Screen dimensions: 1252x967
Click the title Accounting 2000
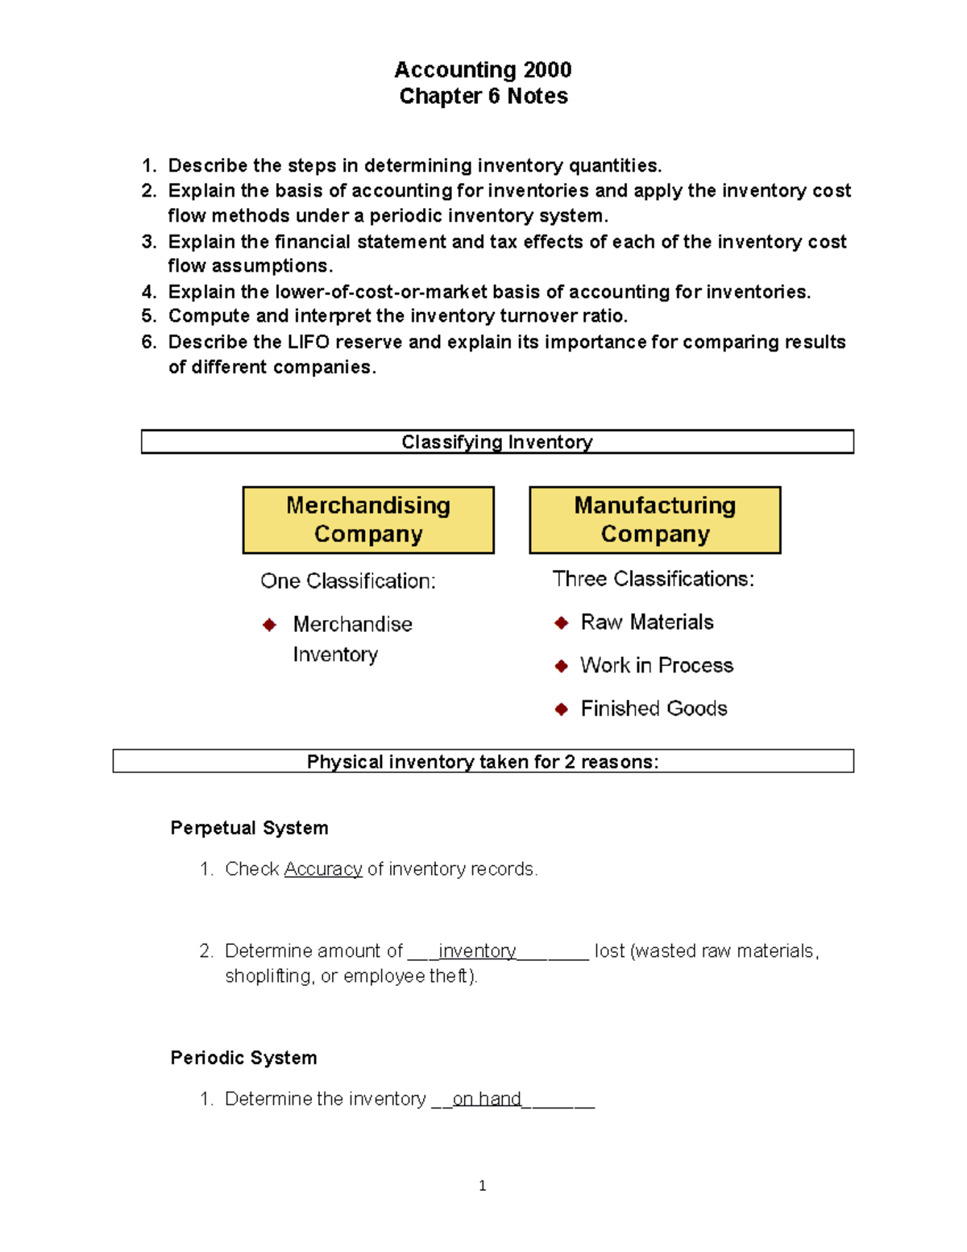(483, 70)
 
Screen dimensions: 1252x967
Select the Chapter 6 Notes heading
(483, 96)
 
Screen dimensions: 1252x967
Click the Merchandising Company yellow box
(368, 520)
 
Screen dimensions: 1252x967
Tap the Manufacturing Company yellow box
(655, 520)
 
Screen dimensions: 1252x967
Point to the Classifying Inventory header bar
(497, 442)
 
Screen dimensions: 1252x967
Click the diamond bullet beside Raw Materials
(562, 622)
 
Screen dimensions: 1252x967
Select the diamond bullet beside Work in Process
(562, 666)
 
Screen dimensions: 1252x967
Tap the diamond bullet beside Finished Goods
(562, 709)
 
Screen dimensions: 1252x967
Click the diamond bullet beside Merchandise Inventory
(270, 625)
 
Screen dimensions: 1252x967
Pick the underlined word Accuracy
(323, 869)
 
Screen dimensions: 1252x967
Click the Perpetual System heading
(249, 828)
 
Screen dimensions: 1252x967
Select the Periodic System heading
(243, 1058)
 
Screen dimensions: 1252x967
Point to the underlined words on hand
(487, 1099)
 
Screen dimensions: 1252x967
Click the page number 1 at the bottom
(482, 1185)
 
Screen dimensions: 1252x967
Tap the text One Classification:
(348, 581)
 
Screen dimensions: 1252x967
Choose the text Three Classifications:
(654, 579)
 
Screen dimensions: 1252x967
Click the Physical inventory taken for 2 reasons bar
(483, 762)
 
